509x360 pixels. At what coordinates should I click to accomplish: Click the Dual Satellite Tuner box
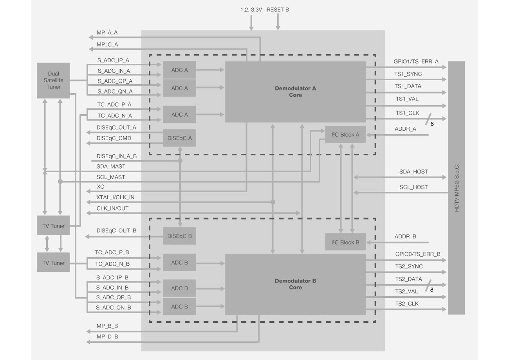(x=53, y=80)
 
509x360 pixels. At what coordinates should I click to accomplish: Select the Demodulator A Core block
(x=295, y=92)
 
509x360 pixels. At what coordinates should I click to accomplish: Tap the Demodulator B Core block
(x=295, y=284)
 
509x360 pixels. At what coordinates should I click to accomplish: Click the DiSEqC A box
(x=179, y=138)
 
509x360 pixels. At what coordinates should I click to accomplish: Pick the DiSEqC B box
(x=179, y=236)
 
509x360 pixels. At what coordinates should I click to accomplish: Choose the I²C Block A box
(x=345, y=135)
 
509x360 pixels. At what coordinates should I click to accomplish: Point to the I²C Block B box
(x=345, y=242)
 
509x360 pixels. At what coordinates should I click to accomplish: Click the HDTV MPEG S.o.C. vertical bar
(x=456, y=188)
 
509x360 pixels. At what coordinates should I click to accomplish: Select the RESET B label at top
(x=278, y=9)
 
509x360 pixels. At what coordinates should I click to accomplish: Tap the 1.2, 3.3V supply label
(x=251, y=9)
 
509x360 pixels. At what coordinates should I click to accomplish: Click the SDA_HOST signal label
(x=413, y=172)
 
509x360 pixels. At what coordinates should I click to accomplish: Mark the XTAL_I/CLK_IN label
(x=116, y=198)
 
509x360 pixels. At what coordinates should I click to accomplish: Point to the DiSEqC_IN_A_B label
(x=117, y=156)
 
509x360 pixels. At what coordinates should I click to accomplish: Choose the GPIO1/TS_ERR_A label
(x=416, y=61)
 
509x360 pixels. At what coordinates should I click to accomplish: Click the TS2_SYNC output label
(x=409, y=266)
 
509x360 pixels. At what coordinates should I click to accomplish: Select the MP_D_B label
(x=107, y=337)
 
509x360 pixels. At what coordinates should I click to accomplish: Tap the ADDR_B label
(x=405, y=237)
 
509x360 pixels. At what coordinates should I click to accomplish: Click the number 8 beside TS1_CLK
(x=432, y=124)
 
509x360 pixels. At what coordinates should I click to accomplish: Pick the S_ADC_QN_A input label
(x=115, y=92)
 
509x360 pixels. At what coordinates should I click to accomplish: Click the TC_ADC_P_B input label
(x=112, y=253)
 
